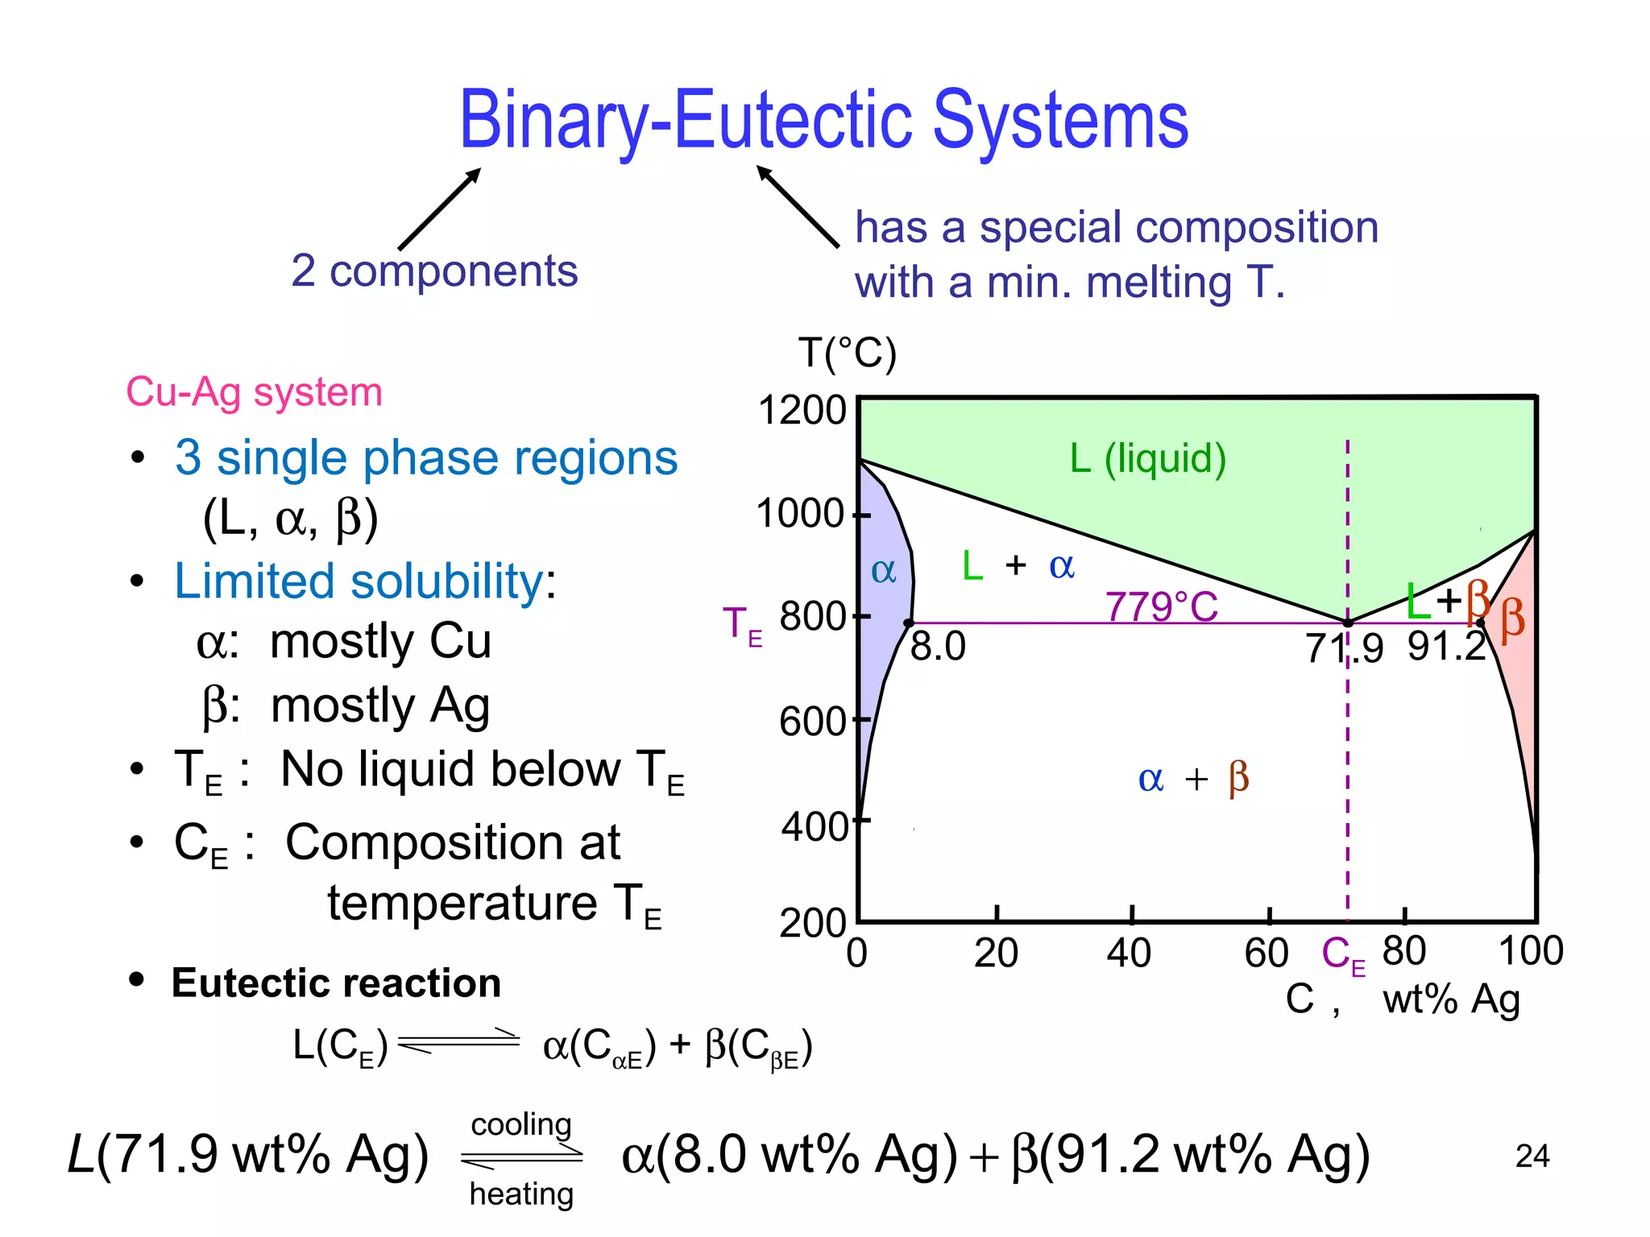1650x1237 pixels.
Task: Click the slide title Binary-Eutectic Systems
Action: [823, 121]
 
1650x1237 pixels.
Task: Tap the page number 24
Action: [1532, 1156]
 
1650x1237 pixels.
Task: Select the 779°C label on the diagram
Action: [1161, 606]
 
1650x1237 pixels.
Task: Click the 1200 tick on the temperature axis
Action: [802, 410]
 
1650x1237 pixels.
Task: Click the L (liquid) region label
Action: [1147, 458]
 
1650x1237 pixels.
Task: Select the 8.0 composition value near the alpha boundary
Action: [938, 647]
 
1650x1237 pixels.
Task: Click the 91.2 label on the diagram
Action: [1446, 647]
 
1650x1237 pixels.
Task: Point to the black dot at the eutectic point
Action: [1348, 623]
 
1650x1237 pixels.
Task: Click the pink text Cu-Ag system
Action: [254, 392]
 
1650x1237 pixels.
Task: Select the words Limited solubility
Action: [359, 581]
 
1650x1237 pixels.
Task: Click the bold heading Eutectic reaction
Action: [336, 983]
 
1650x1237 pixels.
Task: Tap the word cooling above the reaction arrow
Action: [521, 1124]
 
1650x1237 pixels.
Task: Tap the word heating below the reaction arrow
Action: [521, 1194]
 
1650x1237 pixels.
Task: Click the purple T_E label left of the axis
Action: [742, 626]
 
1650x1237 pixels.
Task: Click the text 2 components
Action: [434, 271]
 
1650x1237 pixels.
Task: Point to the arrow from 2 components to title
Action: [439, 209]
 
